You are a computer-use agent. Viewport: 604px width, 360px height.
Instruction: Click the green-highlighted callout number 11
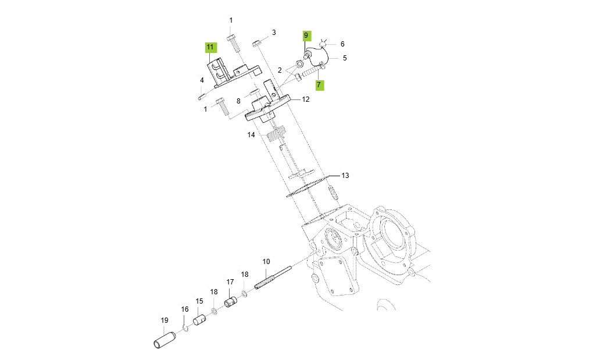(x=210, y=47)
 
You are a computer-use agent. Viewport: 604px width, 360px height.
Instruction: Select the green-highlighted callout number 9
(x=306, y=35)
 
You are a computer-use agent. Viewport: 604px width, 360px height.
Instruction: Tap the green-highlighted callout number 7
(x=319, y=85)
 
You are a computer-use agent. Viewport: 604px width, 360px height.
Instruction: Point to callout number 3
(x=273, y=32)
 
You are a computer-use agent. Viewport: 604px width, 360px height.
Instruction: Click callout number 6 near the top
(x=342, y=44)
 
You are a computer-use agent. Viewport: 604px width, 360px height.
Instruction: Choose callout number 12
(x=305, y=99)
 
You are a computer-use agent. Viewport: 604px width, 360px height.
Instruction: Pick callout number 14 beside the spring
(x=251, y=134)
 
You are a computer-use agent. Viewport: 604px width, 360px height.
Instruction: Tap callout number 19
(x=164, y=320)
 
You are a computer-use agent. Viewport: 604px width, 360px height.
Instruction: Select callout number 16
(x=185, y=309)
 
